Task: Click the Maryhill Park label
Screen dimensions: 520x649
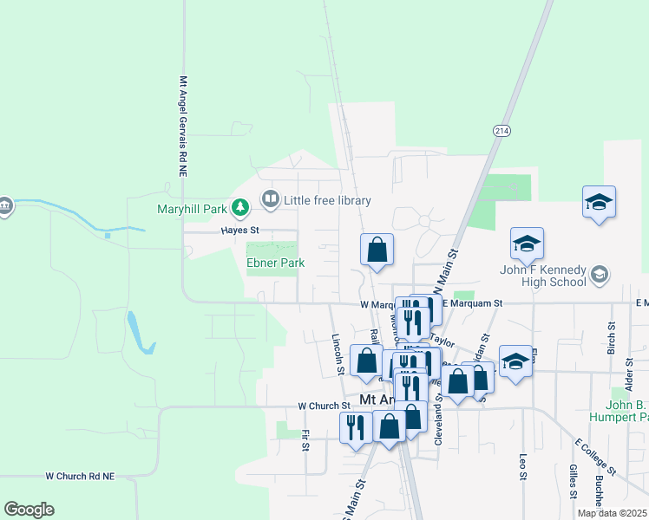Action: click(x=192, y=209)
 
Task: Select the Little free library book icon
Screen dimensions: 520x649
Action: click(x=271, y=200)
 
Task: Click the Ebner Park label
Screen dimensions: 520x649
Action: click(x=275, y=263)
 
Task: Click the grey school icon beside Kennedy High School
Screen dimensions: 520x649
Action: click(x=599, y=276)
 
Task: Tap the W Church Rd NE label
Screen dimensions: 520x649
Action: click(x=92, y=476)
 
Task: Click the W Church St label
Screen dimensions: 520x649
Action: click(x=324, y=406)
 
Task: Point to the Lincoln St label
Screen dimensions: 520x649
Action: click(x=337, y=354)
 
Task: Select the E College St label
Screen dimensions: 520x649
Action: click(x=595, y=457)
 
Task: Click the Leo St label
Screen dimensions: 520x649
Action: click(x=523, y=466)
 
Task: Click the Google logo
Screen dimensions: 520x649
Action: click(x=29, y=510)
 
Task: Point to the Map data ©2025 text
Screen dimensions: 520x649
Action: click(x=612, y=514)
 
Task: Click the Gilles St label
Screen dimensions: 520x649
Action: click(x=574, y=482)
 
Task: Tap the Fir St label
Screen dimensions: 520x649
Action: click(x=305, y=440)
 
